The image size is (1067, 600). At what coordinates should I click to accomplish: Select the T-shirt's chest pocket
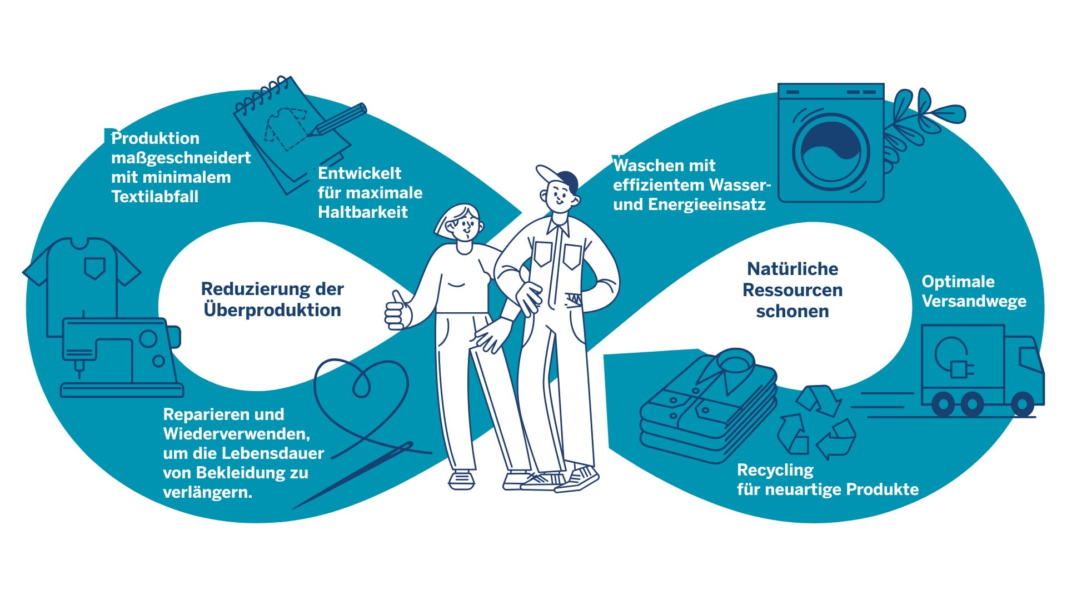coord(94,267)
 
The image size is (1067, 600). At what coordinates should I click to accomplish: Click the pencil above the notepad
coord(338,119)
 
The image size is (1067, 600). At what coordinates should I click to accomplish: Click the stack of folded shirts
coord(709,405)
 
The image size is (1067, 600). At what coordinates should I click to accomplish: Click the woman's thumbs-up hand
coord(398,311)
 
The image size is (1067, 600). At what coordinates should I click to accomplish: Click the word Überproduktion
coord(272,310)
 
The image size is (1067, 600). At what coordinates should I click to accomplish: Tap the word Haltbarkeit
coord(363,212)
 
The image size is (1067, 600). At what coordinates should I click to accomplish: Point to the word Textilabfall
coord(155,196)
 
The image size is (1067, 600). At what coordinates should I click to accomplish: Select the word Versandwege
coord(974,301)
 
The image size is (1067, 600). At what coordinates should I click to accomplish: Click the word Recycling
coord(775,471)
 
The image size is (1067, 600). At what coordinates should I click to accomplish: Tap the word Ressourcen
coord(792,290)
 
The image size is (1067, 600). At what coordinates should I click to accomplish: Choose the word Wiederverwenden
coord(236,433)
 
